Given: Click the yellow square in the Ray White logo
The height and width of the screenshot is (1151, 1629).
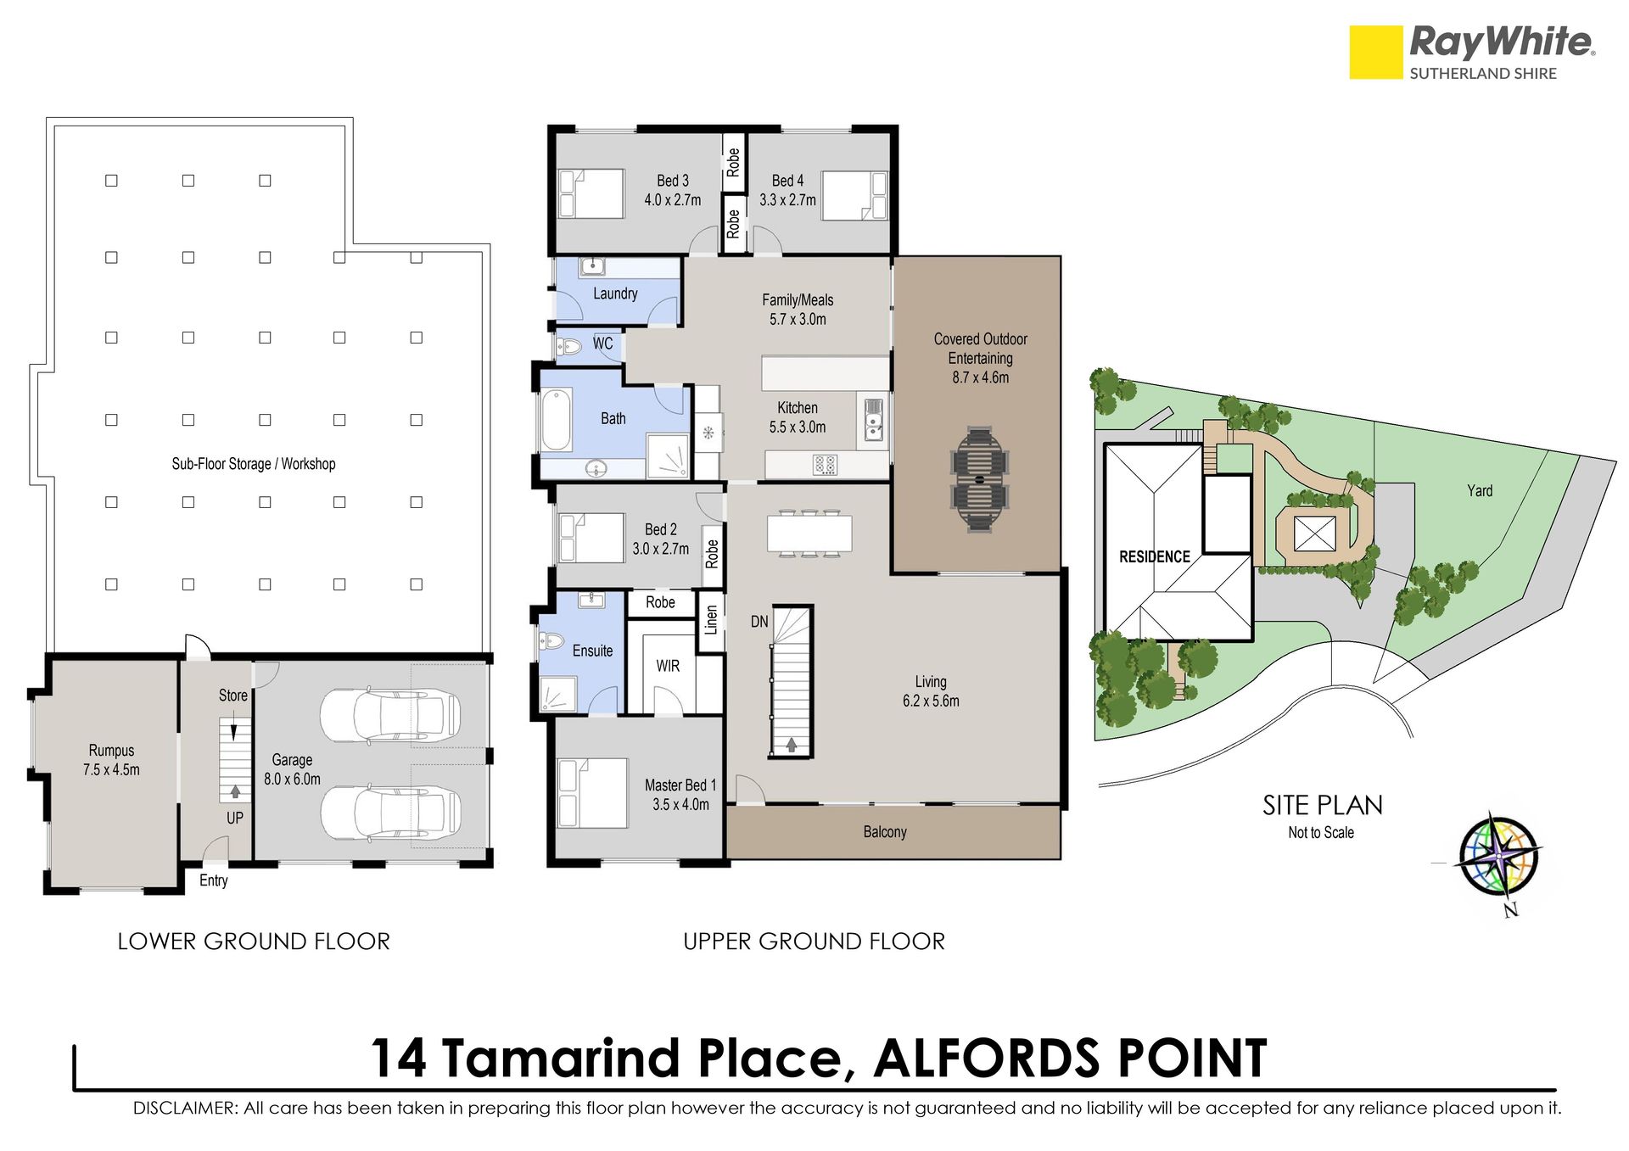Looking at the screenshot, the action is (1375, 53).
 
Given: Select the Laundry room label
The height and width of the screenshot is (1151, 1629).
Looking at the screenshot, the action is (615, 293).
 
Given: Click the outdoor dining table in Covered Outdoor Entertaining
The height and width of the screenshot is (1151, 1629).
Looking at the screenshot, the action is (980, 481).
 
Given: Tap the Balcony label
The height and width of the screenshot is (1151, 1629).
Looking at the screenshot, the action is (885, 832).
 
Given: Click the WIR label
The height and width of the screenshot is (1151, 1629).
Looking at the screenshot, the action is (668, 666).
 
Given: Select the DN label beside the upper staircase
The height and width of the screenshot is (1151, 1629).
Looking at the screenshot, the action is (759, 622).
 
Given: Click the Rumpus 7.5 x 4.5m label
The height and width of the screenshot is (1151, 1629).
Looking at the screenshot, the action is (111, 760).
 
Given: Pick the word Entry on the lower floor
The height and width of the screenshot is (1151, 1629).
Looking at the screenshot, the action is (214, 880).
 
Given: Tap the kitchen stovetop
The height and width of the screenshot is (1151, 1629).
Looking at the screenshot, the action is (825, 465).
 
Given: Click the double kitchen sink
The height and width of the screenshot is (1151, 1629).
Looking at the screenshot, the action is (874, 419).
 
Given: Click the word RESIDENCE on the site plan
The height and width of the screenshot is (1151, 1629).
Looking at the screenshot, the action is (1154, 557).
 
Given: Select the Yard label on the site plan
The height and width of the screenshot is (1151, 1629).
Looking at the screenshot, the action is (1480, 490).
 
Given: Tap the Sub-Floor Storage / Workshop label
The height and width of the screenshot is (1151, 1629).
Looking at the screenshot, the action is (254, 464).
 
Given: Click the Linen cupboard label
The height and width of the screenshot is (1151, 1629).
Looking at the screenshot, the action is (711, 619).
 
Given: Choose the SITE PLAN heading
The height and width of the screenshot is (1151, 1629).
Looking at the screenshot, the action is (1322, 805).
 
